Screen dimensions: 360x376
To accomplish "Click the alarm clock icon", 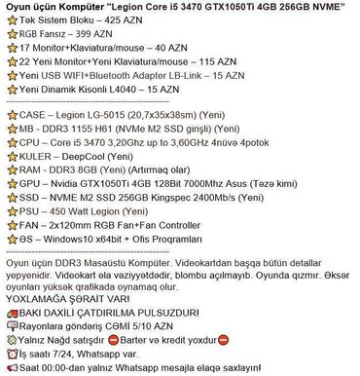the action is [x=11, y=355].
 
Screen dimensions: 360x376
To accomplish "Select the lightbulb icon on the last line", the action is [x=11, y=368].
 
